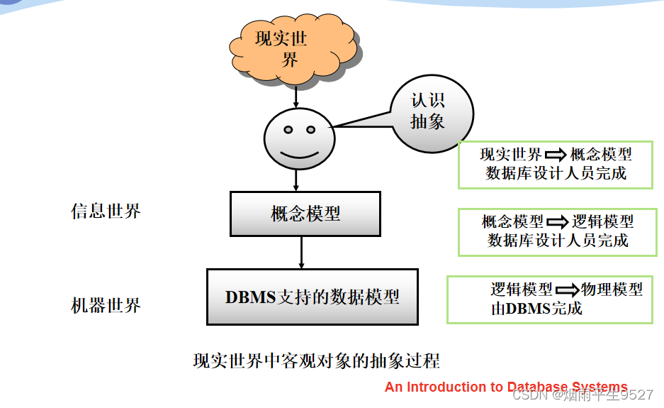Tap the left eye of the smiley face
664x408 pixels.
tap(288, 129)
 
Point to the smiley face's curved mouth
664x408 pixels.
tap(299, 153)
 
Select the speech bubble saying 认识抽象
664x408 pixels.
tap(429, 112)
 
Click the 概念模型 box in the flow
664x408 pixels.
tap(305, 214)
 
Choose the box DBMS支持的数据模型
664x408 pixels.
tap(312, 297)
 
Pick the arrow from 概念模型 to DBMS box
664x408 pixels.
tap(302, 252)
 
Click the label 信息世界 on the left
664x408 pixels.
tap(106, 211)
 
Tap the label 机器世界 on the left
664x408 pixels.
tap(106, 305)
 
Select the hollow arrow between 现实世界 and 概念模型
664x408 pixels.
tap(556, 154)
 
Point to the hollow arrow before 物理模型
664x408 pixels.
tap(567, 290)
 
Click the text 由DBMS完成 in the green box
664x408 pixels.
tap(536, 309)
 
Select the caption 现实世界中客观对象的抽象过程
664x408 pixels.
tap(316, 360)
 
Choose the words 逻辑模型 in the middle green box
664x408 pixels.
tap(602, 222)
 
